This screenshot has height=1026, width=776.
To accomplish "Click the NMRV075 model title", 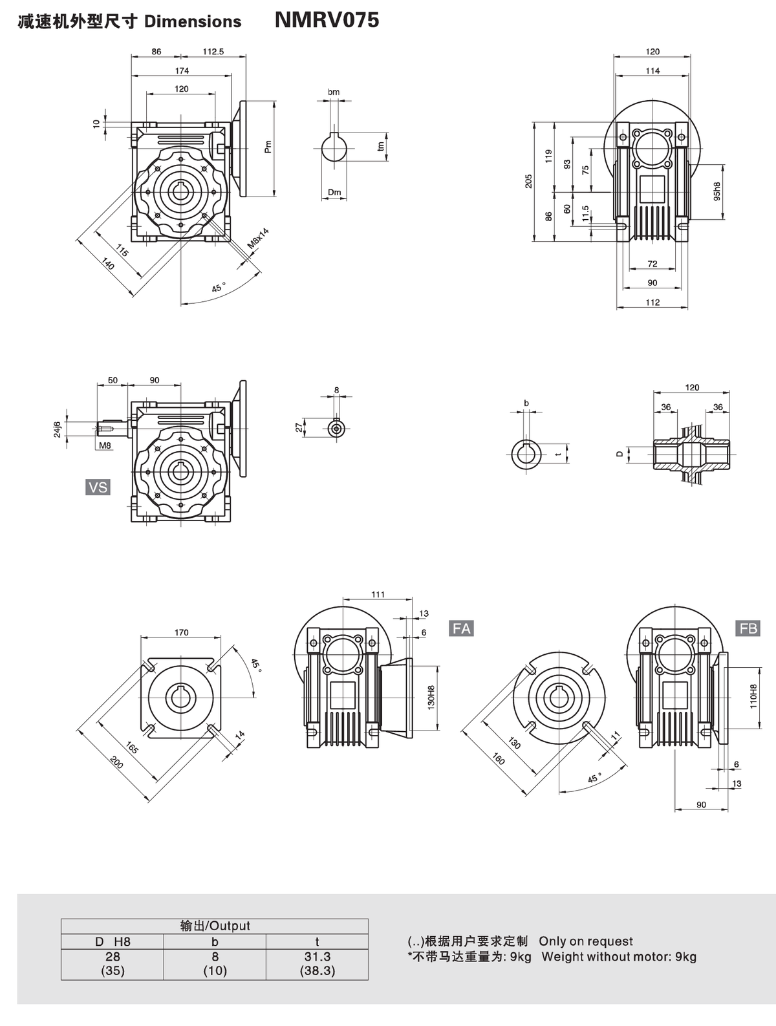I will coord(327,20).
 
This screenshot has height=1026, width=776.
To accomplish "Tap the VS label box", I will coord(98,487).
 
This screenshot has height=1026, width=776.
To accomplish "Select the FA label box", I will coord(462,628).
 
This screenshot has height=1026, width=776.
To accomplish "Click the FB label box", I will coord(748,628).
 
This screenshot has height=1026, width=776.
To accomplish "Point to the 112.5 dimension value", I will coord(213,52).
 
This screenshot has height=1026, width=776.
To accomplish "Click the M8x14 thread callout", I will coord(258,239).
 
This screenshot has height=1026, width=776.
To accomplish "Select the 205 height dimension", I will coord(529,180).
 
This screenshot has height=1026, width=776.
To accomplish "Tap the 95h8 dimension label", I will coord(717,191).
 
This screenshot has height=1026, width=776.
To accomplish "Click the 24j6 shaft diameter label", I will coord(57,429).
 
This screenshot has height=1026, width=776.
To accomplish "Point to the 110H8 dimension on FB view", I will coord(753,696).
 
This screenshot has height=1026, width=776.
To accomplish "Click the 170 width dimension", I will coord(181,632).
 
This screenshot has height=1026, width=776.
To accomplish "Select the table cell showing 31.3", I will coord(317,956).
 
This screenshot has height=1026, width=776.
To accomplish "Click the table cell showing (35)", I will coord(113,970).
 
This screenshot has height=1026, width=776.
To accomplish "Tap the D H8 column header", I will coord(113,942).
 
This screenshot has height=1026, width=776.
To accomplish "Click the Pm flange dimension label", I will coord(268,147).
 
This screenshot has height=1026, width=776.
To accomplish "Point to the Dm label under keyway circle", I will coord(334,192).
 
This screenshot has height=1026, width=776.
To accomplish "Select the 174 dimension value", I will coord(182,70).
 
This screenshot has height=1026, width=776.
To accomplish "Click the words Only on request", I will coord(585,941).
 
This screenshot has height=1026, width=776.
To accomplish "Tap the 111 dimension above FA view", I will coord(378,594).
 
